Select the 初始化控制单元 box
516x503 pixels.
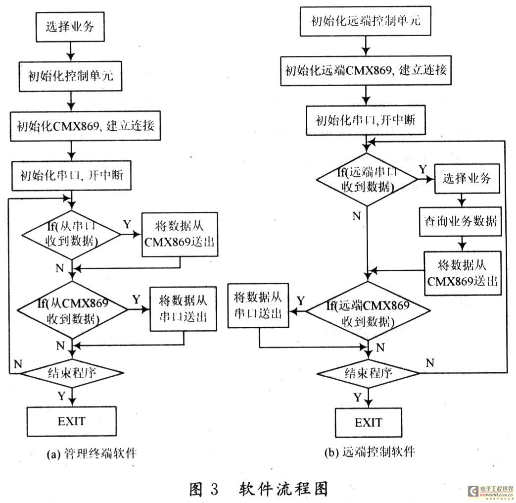pyautogui.click(x=71, y=77)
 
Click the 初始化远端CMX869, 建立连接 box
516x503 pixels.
pyautogui.click(x=366, y=70)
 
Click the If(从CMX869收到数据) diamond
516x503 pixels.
pyautogui.click(x=72, y=310)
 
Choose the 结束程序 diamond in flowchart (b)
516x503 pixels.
pyautogui.click(x=368, y=372)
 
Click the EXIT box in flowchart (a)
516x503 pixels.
pyautogui.click(x=72, y=422)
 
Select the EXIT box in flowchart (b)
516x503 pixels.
pyautogui.click(x=369, y=423)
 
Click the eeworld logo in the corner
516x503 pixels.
pyautogui.click(x=491, y=491)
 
